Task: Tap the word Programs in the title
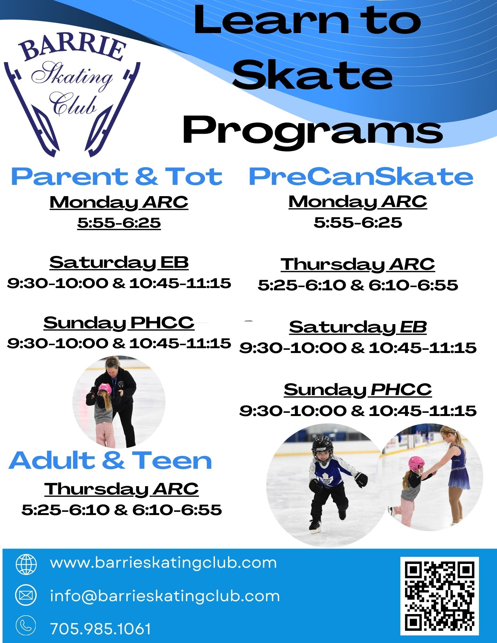click(x=313, y=132)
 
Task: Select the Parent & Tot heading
click(x=117, y=177)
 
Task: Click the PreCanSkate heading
click(x=361, y=177)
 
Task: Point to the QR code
click(x=439, y=596)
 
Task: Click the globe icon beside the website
click(x=26, y=564)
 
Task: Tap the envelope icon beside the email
click(x=26, y=596)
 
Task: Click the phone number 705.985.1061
click(x=101, y=629)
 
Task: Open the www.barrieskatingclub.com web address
click(x=163, y=563)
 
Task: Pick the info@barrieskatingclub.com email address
click(x=165, y=596)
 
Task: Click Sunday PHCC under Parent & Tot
click(x=119, y=323)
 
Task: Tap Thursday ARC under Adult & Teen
click(x=121, y=489)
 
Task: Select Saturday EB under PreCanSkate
click(x=358, y=327)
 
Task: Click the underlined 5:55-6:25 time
click(x=119, y=222)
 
